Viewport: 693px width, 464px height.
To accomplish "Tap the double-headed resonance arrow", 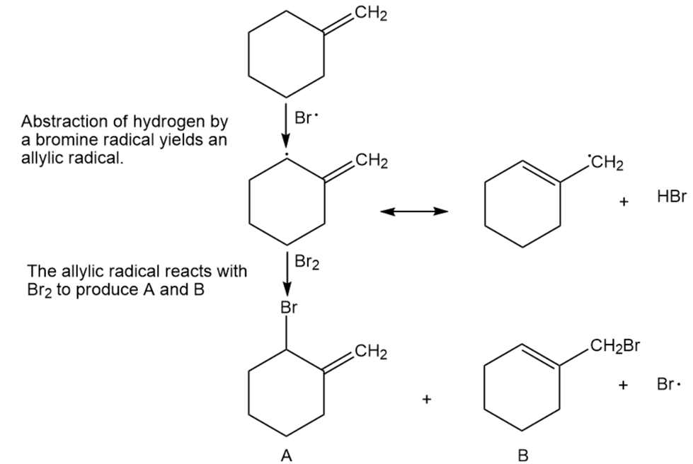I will point(414,211).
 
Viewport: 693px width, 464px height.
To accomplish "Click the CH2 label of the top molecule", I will point(371,12).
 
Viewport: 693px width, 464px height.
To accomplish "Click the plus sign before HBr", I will point(624,203).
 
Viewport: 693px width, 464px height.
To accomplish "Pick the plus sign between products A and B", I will point(426,400).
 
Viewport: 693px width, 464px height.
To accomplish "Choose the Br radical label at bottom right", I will point(669,385).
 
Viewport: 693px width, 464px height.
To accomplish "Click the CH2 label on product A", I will point(371,352).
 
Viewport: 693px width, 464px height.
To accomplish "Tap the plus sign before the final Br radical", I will point(624,385).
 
